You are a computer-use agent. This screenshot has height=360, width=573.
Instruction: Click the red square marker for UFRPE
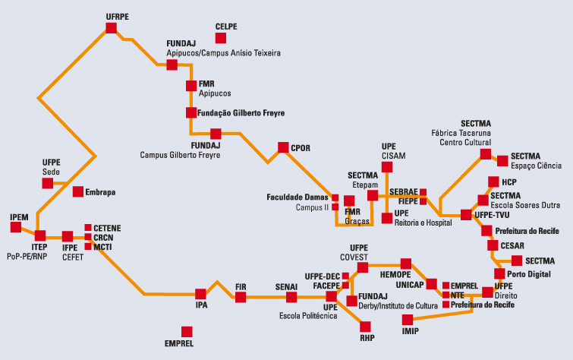pos(112,28)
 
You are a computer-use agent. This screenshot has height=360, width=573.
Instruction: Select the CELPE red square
pos(220,38)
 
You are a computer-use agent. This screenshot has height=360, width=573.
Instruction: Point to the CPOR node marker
pos(283,147)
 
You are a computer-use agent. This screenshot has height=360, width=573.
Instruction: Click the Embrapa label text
pos(100,192)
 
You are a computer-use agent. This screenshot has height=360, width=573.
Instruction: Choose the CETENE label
pos(107,227)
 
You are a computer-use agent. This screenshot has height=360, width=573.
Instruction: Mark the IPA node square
pos(200,294)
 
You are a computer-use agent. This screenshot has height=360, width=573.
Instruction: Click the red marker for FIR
pos(241,297)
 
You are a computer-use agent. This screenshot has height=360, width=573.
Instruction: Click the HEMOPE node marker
pos(405,264)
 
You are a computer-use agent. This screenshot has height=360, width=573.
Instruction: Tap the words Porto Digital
pos(530,273)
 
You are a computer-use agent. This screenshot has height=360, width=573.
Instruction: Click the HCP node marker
pos(493,182)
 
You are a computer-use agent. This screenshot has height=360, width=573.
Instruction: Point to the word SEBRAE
pos(404,193)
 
